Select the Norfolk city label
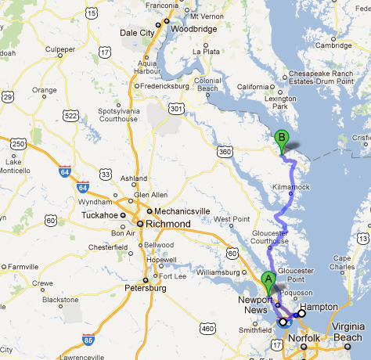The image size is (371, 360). pyautogui.click(x=304, y=338)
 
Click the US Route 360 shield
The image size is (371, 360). pyautogui.click(x=225, y=151)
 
